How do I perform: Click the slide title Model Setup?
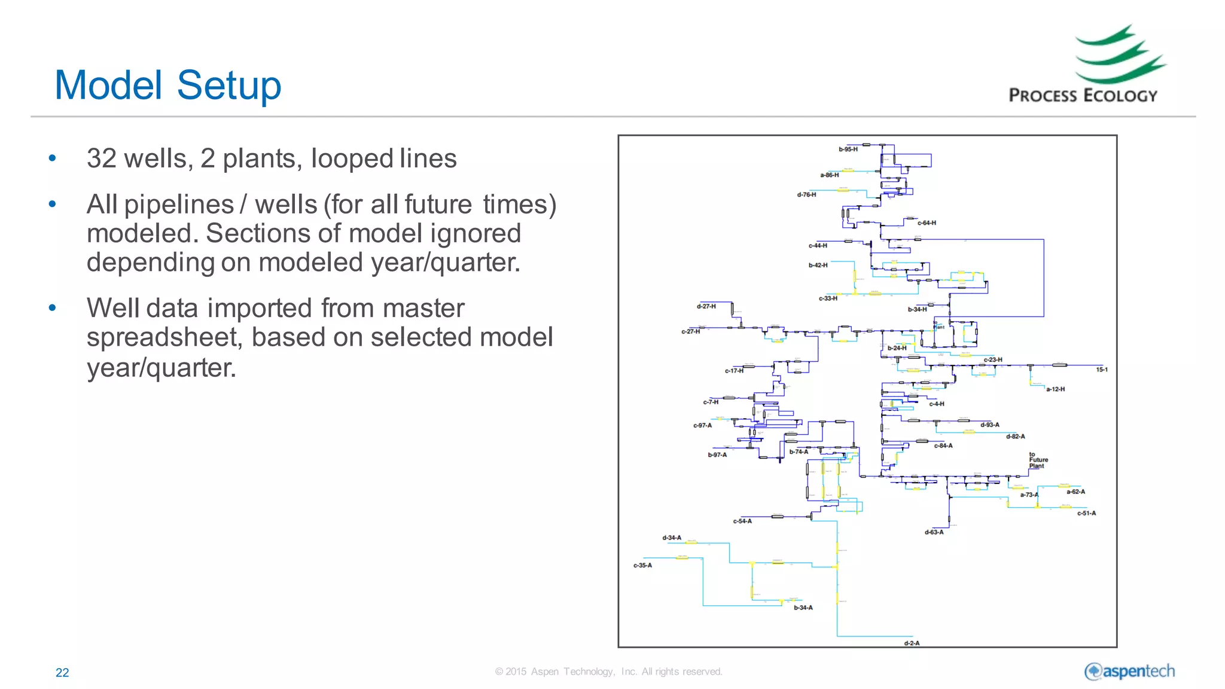point(167,85)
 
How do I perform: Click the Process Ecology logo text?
point(1083,96)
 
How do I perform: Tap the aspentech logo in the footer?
point(1129,672)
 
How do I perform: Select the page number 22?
point(62,672)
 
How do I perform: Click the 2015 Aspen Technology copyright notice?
point(608,672)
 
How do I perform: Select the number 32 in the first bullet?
point(101,158)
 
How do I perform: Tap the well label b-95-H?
point(848,150)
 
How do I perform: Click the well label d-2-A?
point(912,644)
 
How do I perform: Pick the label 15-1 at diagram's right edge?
point(1101,370)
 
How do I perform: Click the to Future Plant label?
point(1038,460)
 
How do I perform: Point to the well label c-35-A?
point(642,565)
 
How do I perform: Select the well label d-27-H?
point(706,306)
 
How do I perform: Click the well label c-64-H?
point(927,223)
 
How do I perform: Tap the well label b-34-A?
point(803,608)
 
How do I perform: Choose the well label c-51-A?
point(1086,513)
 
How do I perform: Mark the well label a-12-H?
point(1055,389)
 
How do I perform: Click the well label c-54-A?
point(742,522)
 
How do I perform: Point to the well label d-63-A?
point(934,532)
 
